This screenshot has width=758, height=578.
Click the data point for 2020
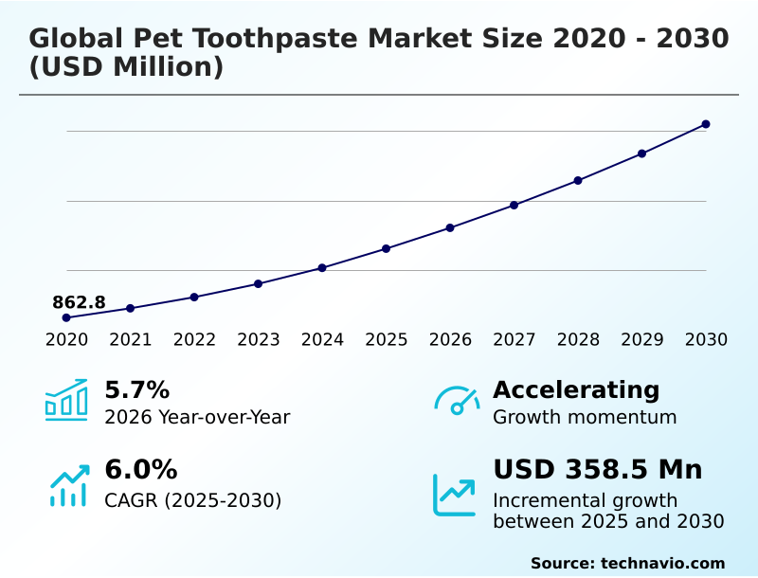[66, 317]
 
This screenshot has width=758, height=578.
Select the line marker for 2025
[387, 248]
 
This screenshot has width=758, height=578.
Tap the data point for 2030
[706, 124]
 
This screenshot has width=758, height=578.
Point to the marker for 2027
[514, 205]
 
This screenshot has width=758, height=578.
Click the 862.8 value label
[79, 302]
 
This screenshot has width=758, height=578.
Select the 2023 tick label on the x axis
[259, 340]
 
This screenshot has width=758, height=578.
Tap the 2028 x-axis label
[578, 340]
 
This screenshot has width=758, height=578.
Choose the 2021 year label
[131, 340]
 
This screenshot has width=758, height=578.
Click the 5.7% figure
[136, 389]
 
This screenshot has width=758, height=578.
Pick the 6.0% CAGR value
[140, 470]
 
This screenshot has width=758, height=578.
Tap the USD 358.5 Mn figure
[598, 470]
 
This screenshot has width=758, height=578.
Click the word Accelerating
[576, 389]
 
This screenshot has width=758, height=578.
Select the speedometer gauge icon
[457, 401]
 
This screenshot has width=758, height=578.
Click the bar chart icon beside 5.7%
[66, 401]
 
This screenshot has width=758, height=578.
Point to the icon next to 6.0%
[67, 484]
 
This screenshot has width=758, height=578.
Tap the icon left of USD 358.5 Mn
[455, 495]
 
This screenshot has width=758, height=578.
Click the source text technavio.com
[662, 563]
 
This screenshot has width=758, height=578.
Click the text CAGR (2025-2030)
[192, 500]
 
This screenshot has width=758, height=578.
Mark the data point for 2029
[641, 154]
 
